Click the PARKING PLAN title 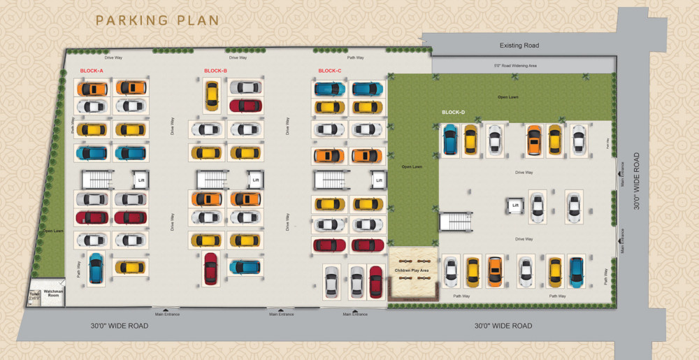pos(157,20)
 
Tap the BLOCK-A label pos(92,71)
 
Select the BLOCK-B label pos(215,71)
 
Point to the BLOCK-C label pos(330,71)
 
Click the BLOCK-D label pos(453,113)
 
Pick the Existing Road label pos(519,45)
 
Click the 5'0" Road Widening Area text pos(515,65)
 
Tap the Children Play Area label pos(412,269)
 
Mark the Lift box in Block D pos(515,206)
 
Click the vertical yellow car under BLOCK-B pos(211,96)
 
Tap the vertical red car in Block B pos(210,268)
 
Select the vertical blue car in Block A pos(95,268)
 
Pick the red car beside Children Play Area pos(376,282)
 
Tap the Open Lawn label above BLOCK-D pos(507,96)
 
